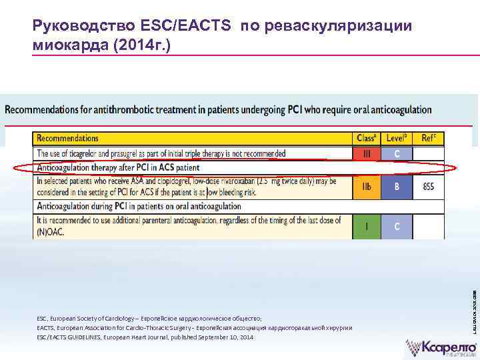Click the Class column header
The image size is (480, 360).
(x=366, y=139)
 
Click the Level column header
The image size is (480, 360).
(x=397, y=139)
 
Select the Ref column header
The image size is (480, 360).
(x=429, y=139)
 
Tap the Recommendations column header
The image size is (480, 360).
(x=68, y=139)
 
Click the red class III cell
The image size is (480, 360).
(x=366, y=153)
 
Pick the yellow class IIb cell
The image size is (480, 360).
(x=366, y=187)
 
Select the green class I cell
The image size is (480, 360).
(x=366, y=226)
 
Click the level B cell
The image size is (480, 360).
(x=397, y=187)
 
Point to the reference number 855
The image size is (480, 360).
(x=429, y=187)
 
